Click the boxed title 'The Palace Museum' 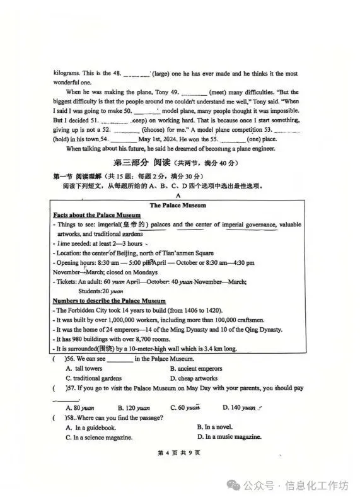coord(178,205)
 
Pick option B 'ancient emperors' coord(195,368)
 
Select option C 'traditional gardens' coord(95,378)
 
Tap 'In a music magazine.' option coord(226,437)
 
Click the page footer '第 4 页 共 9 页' coord(179,453)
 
